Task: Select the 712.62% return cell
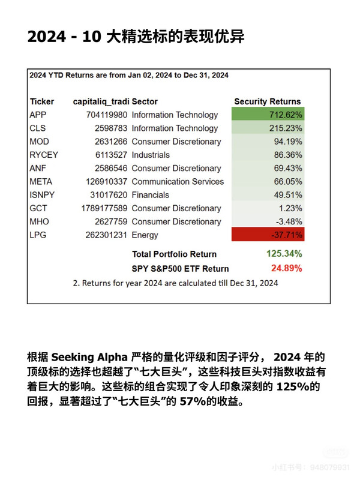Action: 268,115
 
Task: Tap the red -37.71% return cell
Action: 268,235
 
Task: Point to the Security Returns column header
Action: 267,101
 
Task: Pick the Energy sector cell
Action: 146,235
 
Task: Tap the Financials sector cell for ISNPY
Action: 151,194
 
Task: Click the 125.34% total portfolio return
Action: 284,253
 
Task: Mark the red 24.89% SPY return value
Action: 286,268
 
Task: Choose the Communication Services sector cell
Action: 178,181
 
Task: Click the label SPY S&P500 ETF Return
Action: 180,268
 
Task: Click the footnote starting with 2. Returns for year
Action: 175,283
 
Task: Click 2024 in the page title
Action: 46,37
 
